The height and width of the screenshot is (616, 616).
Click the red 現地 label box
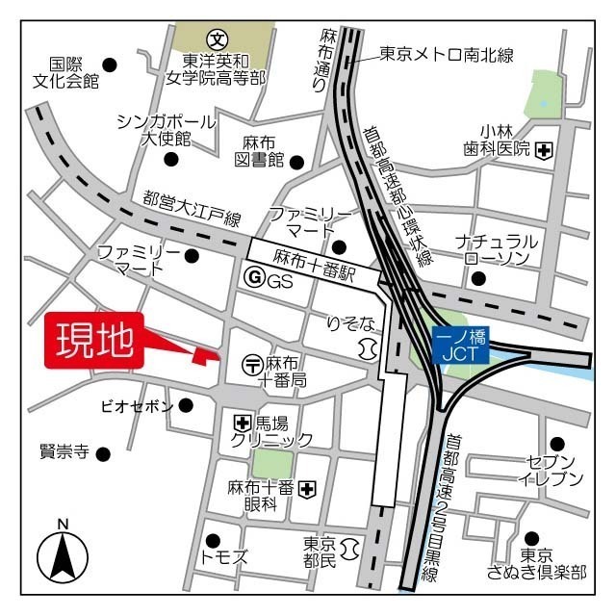(x=93, y=341)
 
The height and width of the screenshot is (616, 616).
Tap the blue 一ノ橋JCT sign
(x=460, y=346)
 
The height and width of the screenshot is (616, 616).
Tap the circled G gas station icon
(x=255, y=280)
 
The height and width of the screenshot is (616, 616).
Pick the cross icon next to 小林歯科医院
(x=545, y=149)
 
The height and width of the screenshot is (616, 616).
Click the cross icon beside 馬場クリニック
(x=241, y=423)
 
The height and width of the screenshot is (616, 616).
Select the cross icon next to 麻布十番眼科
(x=307, y=490)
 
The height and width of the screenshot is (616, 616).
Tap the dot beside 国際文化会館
(x=110, y=64)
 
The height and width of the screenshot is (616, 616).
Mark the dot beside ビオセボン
(x=186, y=406)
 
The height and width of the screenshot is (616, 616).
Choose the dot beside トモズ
(x=214, y=539)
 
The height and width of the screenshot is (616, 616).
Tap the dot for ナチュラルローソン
(x=477, y=279)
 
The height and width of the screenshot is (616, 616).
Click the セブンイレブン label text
(x=552, y=471)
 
